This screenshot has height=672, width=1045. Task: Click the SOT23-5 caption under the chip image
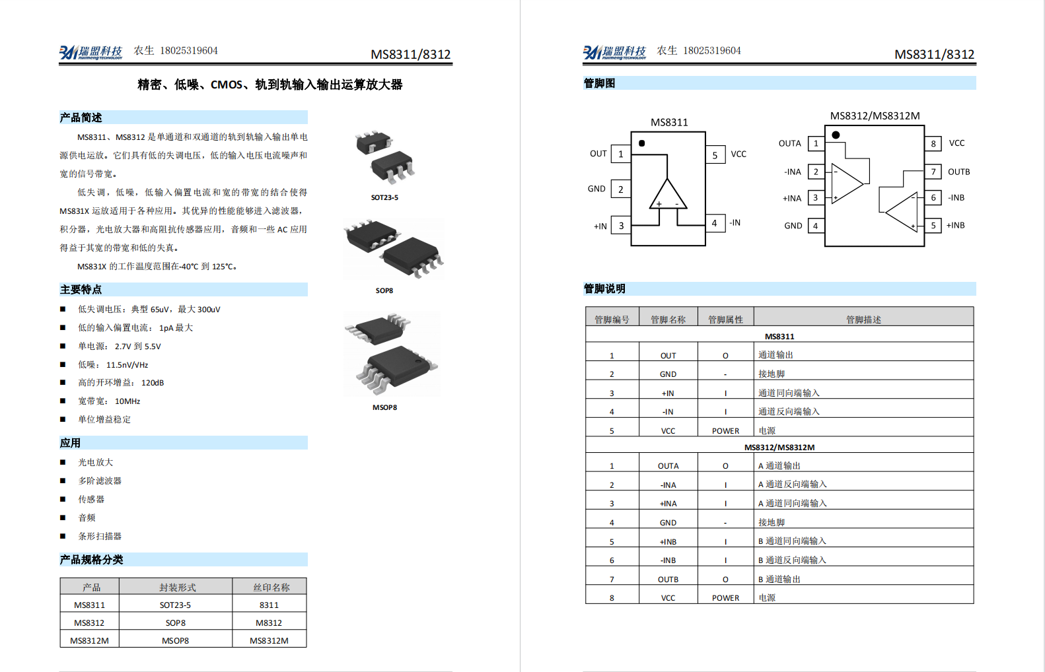point(384,197)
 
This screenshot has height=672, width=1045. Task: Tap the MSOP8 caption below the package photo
point(384,407)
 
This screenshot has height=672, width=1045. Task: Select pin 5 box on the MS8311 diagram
point(715,155)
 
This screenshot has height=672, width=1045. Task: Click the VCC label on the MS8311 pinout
point(739,154)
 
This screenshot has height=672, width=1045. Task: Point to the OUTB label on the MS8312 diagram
point(958,172)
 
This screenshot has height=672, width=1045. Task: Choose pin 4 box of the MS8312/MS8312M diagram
point(816,226)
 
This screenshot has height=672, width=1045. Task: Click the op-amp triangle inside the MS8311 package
point(668,197)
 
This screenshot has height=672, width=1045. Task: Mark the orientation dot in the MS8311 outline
point(641,143)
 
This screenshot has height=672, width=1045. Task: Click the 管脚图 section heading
point(599,83)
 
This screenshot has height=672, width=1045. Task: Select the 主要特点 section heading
point(81,290)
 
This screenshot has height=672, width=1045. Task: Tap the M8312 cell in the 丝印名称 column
point(269,622)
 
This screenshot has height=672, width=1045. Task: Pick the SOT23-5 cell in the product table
point(175,605)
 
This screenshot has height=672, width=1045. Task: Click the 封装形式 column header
point(177,587)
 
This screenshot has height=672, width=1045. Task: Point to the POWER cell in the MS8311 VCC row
point(725,430)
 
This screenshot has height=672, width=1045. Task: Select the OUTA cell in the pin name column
point(668,465)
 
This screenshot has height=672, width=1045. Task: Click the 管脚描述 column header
point(863,319)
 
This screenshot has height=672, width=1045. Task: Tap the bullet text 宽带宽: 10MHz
point(109,401)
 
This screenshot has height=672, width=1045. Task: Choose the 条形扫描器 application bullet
point(100,536)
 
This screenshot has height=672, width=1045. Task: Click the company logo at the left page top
point(90,52)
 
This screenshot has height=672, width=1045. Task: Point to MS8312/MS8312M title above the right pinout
point(875,116)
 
